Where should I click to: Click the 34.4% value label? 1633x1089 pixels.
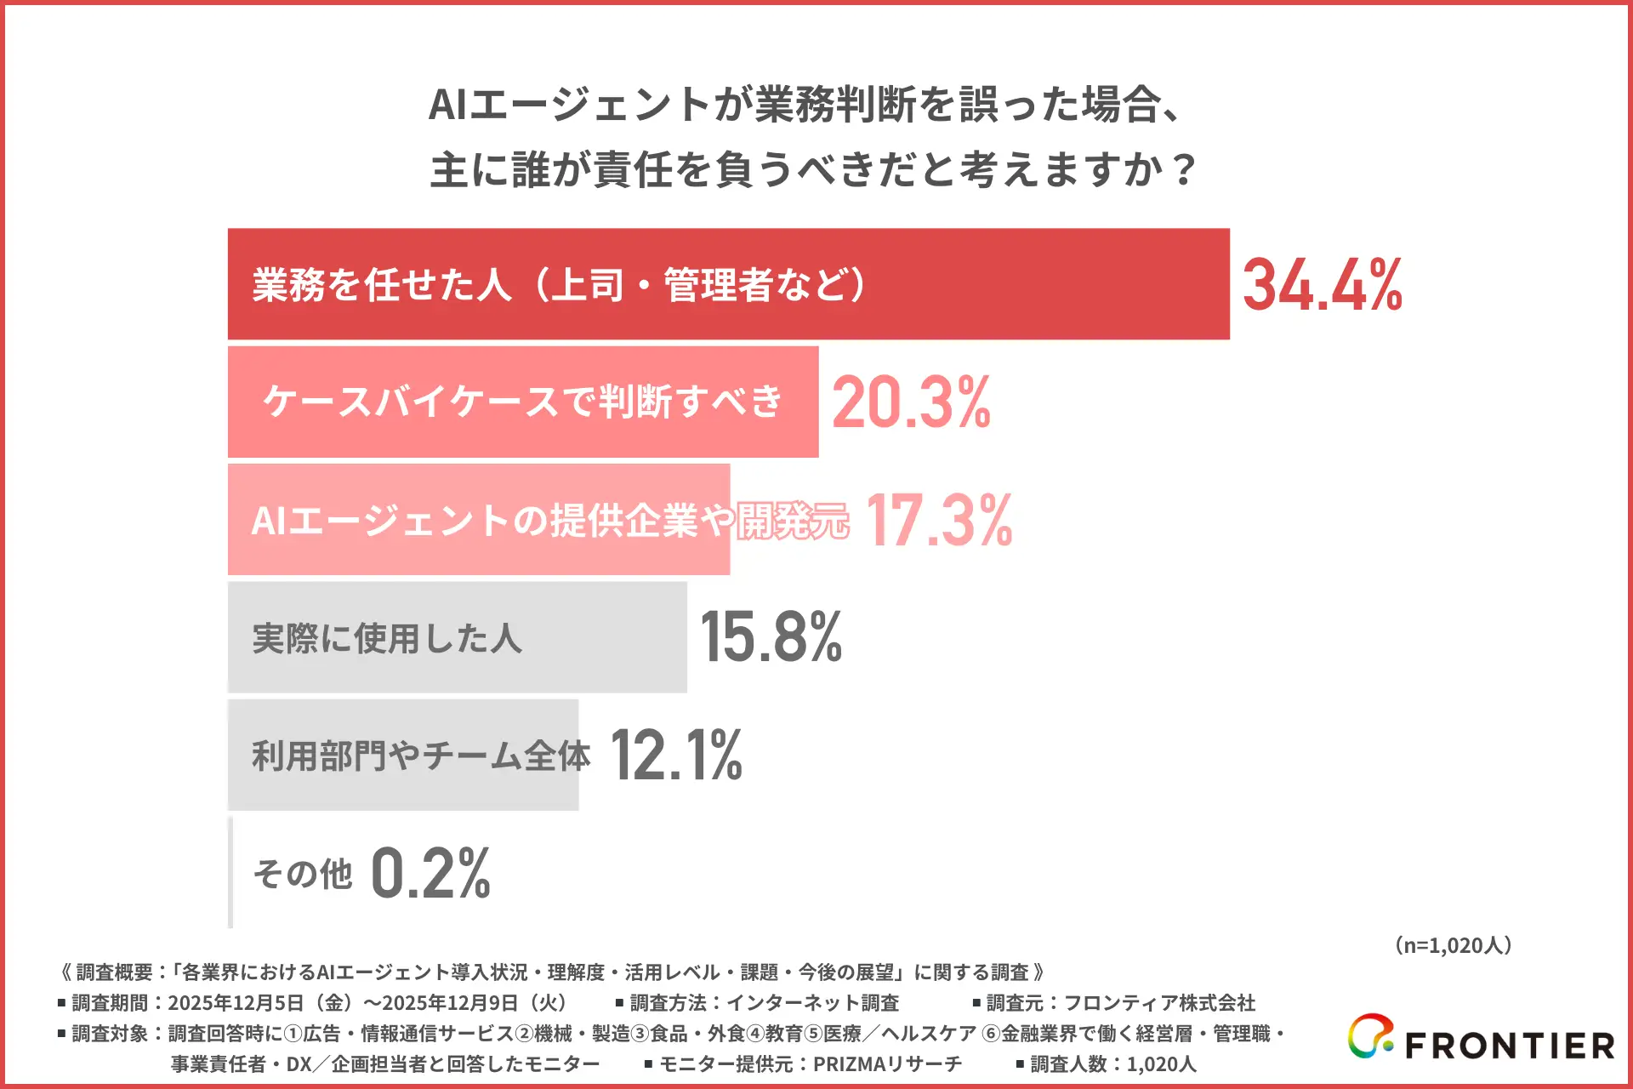coord(1322,284)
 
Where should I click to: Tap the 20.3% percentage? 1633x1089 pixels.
coord(911,402)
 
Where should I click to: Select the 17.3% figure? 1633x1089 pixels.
coord(939,520)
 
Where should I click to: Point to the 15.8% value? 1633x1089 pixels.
coord(771,637)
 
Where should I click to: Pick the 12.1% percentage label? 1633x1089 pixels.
coord(676,755)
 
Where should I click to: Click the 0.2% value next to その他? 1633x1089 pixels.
coord(430,873)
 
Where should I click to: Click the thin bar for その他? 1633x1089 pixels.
coord(230,873)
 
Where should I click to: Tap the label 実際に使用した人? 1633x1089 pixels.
coord(387,638)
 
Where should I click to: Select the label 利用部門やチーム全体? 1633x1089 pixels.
coord(421,755)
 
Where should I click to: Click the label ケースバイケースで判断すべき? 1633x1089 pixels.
coord(522,402)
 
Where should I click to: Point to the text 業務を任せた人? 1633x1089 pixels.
coord(382,284)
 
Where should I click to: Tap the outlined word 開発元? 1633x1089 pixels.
coord(793,521)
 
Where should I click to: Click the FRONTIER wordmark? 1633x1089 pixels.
coord(1510,1046)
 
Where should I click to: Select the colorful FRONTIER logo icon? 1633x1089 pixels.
coord(1370,1036)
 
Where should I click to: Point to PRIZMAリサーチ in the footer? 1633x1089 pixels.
coord(887,1064)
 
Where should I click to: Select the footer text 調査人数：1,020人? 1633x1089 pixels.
coord(1112,1064)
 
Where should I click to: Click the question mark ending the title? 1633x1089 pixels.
coord(1183,169)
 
